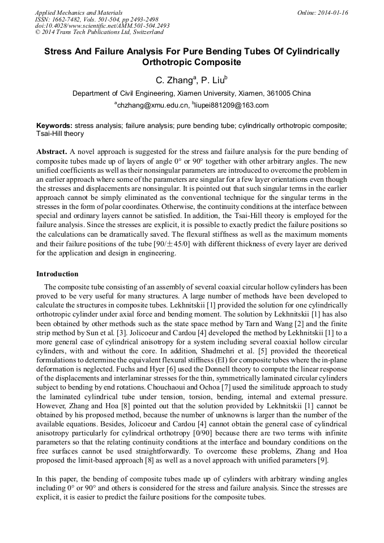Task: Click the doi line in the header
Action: click(102, 25)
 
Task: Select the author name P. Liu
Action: click(214, 81)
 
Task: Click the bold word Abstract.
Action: click(52, 152)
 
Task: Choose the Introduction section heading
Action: click(57, 274)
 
